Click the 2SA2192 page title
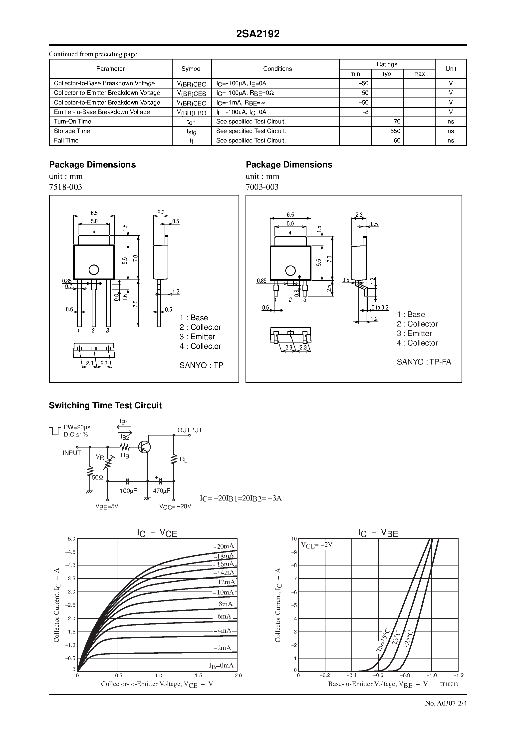258,34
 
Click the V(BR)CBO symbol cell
192,84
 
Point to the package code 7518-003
65,187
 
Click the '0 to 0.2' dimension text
380,307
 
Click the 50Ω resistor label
98,477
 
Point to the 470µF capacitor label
161,490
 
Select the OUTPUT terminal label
190,430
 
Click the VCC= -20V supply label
175,506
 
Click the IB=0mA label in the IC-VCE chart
221,665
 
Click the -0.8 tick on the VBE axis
405,675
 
